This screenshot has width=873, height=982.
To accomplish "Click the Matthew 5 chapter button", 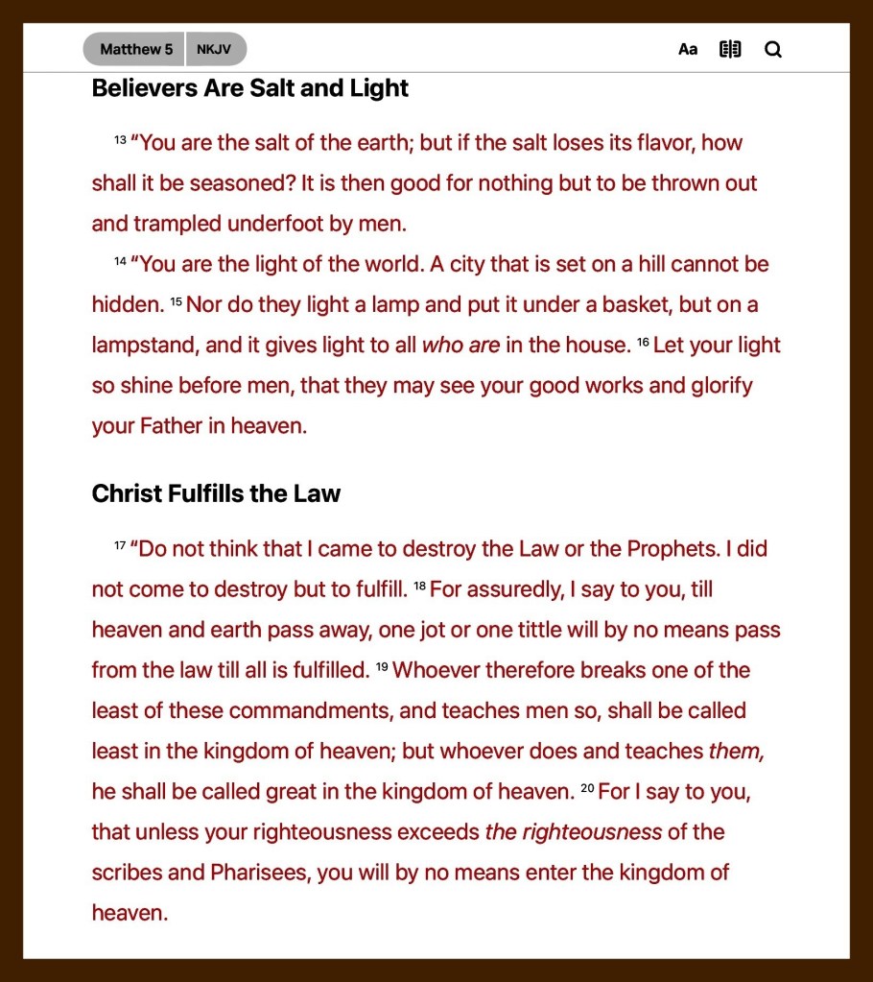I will point(135,49).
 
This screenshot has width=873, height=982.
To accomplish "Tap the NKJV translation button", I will point(214,49).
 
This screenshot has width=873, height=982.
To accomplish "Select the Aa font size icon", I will point(688,49).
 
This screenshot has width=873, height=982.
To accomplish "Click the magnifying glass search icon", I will point(773,49).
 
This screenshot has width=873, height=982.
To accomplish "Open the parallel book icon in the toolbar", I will point(730,49).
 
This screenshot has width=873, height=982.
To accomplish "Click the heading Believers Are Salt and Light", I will point(249,88).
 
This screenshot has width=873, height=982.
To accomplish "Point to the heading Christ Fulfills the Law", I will point(216,493).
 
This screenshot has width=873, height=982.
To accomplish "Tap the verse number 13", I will point(120,140).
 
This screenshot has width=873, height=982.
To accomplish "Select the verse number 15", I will point(176,301).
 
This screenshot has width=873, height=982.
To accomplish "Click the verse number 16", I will point(643,342).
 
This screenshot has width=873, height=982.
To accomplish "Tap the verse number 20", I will point(588,789).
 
